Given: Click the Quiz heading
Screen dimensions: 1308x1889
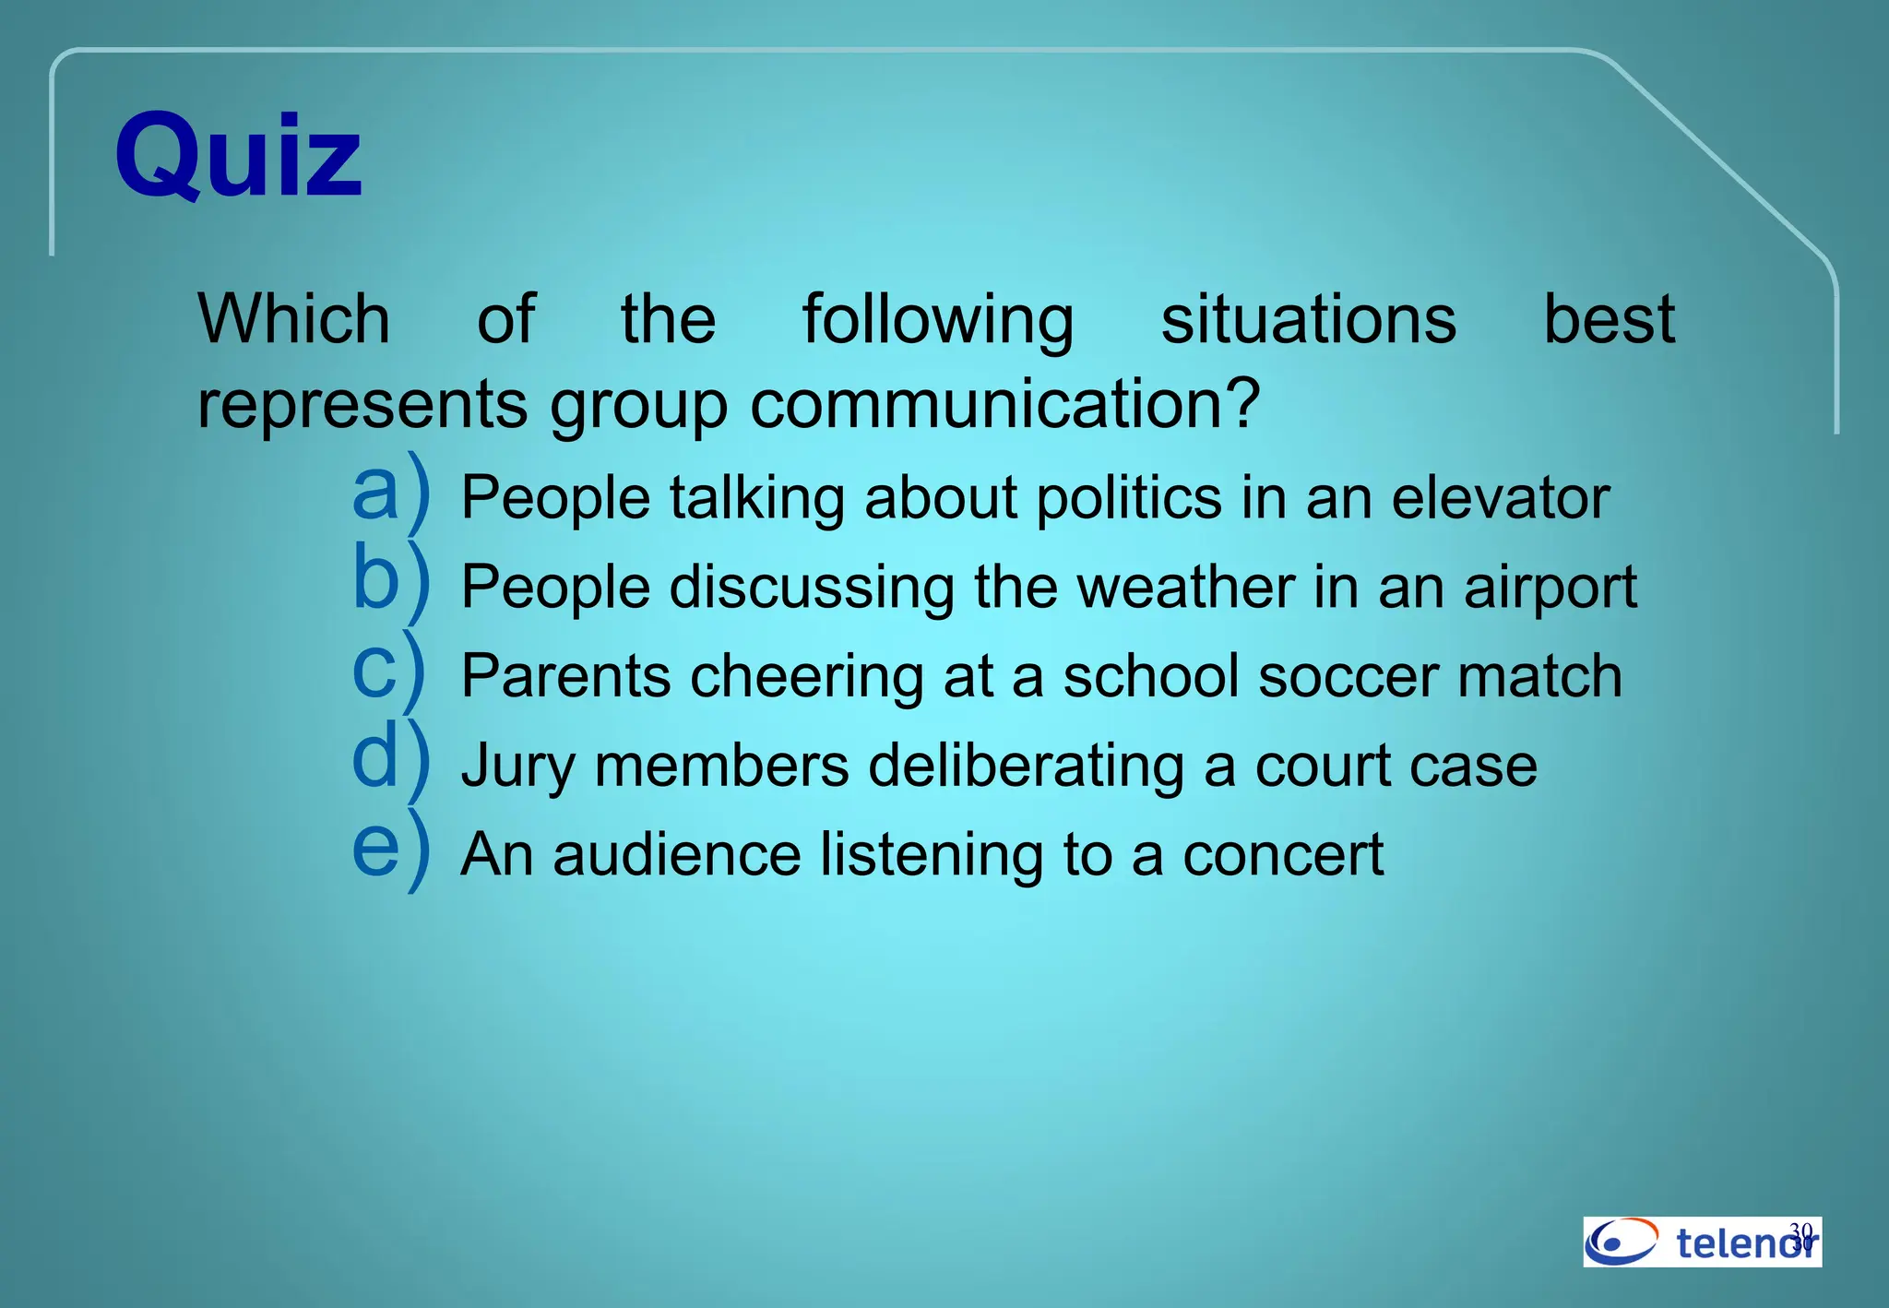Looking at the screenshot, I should (238, 155).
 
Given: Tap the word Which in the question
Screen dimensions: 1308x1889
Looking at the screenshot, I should (294, 319).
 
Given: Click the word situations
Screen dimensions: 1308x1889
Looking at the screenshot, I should (1308, 319).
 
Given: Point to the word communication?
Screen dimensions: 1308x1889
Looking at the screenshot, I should (1004, 404).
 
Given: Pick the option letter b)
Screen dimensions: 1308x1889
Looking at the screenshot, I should (391, 580).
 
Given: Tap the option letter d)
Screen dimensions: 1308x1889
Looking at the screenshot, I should (391, 759).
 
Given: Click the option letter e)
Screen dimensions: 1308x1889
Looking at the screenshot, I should (391, 848).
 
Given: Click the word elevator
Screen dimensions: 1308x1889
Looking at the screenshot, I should (1500, 498).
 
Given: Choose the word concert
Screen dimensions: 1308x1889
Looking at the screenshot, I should (1283, 855).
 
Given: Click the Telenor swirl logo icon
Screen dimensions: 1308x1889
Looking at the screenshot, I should (1622, 1241).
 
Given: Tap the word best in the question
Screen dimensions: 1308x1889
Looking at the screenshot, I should (1609, 319).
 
